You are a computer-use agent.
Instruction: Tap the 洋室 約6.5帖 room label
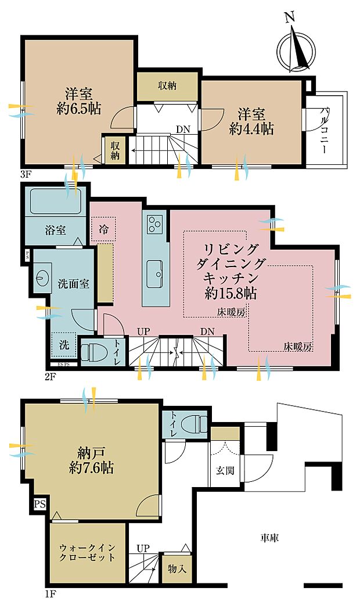[79, 100]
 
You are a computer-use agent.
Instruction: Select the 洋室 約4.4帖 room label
[251, 121]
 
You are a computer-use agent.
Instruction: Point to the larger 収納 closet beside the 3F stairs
[168, 86]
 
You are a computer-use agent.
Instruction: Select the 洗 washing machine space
[63, 344]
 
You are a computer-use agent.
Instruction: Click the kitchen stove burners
[156, 223]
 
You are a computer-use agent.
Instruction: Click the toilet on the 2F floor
[92, 353]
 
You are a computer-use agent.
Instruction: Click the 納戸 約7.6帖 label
[91, 460]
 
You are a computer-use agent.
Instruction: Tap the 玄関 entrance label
[226, 470]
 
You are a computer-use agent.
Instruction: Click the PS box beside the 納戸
[39, 504]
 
